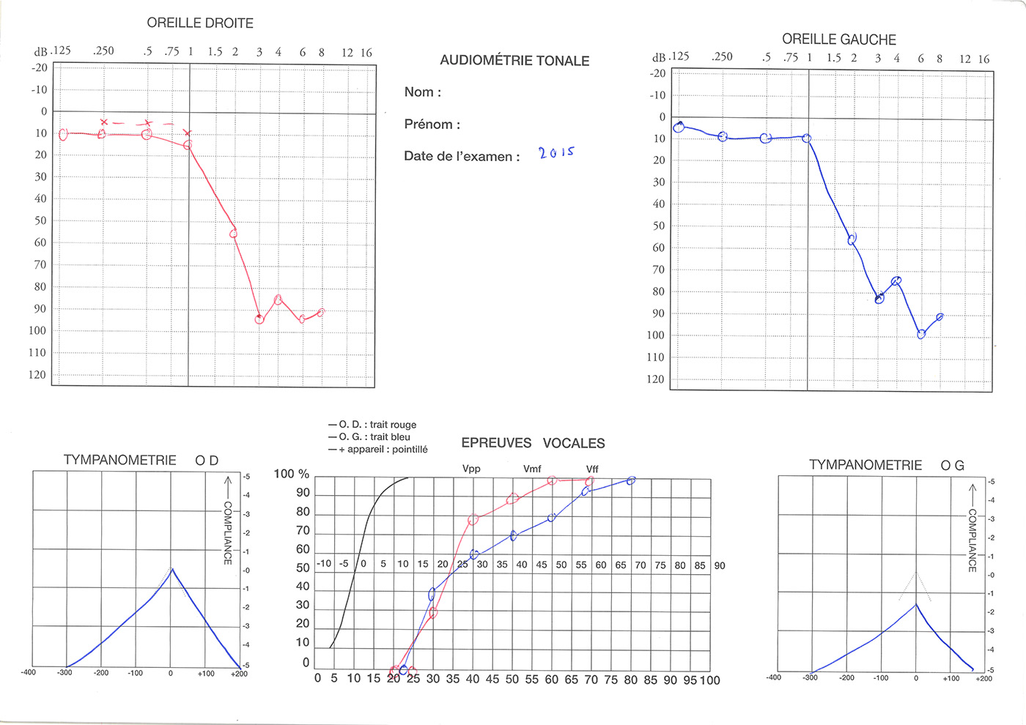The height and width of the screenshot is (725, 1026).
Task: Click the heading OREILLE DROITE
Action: click(x=200, y=23)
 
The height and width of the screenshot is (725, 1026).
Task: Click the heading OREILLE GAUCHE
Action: click(x=838, y=40)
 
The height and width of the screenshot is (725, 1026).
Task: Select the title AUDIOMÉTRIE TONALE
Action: click(x=514, y=61)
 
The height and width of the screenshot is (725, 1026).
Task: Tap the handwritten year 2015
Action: click(x=556, y=152)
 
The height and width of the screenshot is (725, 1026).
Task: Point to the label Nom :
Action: click(x=423, y=92)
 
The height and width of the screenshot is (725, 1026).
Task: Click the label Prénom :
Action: click(x=432, y=124)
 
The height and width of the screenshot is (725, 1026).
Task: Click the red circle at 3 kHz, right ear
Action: click(x=259, y=319)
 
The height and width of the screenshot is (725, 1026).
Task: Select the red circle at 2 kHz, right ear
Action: click(x=234, y=233)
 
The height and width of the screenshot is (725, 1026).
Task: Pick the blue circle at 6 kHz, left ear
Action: click(x=921, y=334)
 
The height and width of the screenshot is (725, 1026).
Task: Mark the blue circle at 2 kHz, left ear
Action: click(x=852, y=239)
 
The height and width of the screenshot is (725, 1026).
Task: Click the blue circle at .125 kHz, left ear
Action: click(x=679, y=127)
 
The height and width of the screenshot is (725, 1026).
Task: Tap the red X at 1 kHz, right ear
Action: click(x=188, y=133)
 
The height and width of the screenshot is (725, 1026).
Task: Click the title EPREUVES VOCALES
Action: click(x=533, y=443)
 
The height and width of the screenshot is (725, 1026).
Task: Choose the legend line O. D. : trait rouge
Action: click(x=372, y=425)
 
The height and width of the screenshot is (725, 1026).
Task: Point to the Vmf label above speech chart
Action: click(x=532, y=469)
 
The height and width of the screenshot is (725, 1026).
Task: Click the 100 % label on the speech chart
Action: click(x=292, y=474)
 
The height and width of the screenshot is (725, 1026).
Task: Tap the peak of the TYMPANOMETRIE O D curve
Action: click(x=171, y=568)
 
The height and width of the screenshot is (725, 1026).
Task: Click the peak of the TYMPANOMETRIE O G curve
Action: click(x=915, y=604)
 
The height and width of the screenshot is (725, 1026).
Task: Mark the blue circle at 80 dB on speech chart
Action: click(x=631, y=481)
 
